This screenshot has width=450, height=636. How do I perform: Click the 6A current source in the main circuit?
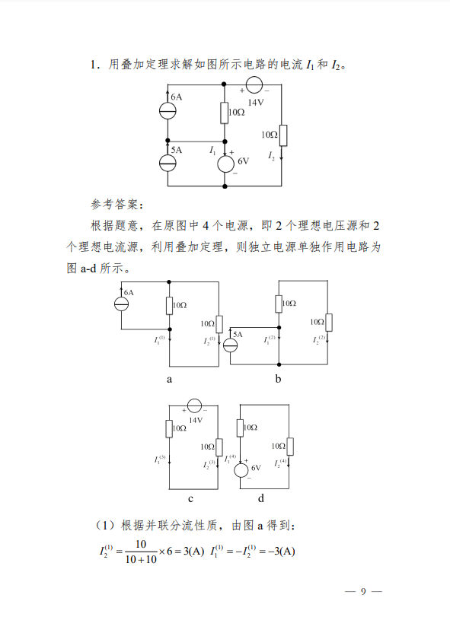(x=168, y=111)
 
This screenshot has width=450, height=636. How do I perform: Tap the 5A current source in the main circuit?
(x=168, y=163)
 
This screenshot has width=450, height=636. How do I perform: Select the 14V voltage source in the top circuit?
(x=254, y=84)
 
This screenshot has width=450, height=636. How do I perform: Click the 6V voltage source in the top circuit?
(x=225, y=164)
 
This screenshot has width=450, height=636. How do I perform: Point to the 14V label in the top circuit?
(x=256, y=103)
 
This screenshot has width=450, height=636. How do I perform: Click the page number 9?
(x=363, y=591)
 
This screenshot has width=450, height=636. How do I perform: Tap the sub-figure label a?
(x=169, y=380)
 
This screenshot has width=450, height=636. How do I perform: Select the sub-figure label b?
(x=278, y=378)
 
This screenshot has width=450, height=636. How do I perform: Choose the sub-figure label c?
(x=190, y=499)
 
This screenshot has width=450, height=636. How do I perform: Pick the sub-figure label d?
(x=260, y=498)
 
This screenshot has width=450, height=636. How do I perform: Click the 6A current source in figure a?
(x=121, y=304)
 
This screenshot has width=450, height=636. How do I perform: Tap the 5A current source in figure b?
(x=230, y=345)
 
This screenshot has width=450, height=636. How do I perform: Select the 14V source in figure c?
(x=194, y=405)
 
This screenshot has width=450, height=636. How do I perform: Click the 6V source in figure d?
(x=241, y=470)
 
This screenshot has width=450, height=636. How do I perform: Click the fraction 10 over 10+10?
(x=141, y=552)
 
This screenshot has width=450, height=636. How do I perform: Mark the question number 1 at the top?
(x=94, y=65)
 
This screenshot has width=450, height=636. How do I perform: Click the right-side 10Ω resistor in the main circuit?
(x=283, y=135)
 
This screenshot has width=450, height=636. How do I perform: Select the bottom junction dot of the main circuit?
(x=225, y=186)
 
